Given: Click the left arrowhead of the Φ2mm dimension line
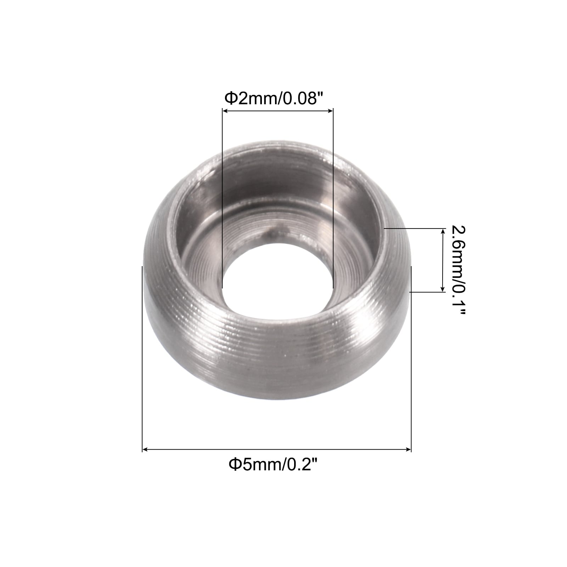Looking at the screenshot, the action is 225,111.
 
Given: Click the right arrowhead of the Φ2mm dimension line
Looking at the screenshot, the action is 330,111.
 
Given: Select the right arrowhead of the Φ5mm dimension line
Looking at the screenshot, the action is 408,450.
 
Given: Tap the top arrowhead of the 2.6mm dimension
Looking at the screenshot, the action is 443,232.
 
